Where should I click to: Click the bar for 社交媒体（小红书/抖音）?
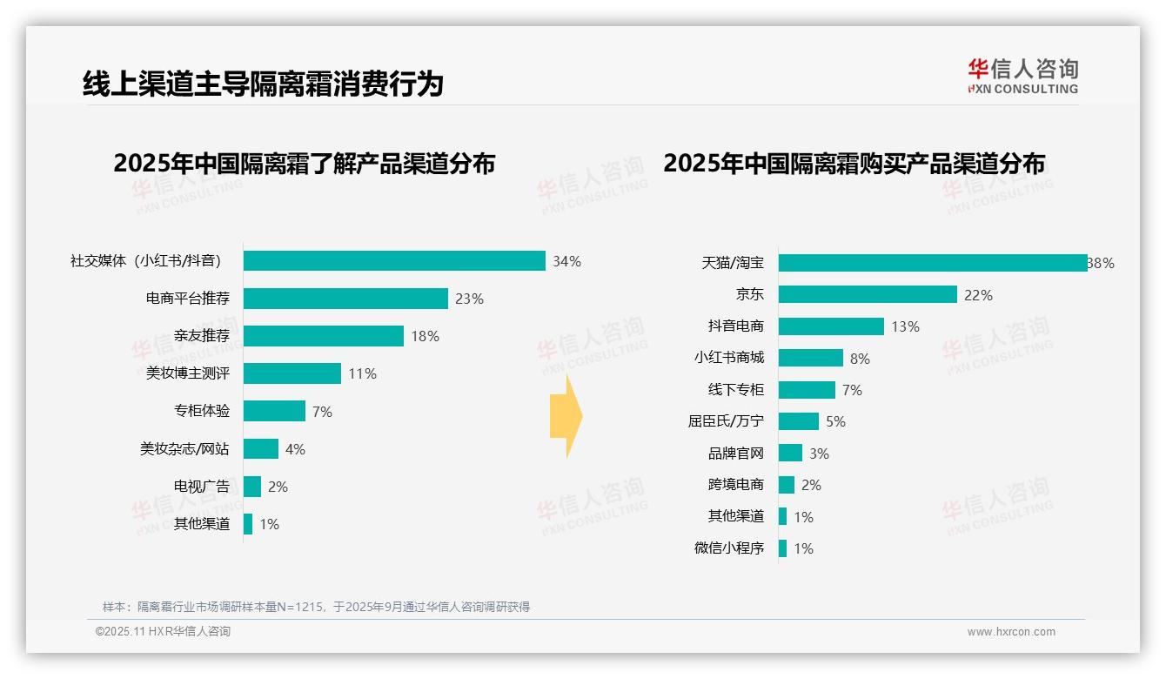(x=394, y=261)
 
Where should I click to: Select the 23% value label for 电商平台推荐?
(x=469, y=299)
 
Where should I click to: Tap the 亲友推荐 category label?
(x=201, y=336)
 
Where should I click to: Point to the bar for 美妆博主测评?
(x=292, y=373)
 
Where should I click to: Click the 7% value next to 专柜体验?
(x=322, y=412)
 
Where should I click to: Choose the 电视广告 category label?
(x=201, y=487)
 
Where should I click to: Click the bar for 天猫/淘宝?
(x=932, y=263)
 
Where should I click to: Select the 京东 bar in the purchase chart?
(x=868, y=295)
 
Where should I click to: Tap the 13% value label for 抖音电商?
(x=905, y=326)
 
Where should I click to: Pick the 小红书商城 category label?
(x=728, y=358)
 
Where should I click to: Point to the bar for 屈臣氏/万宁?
(x=799, y=421)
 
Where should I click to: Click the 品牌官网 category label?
(x=735, y=454)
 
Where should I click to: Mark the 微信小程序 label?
(x=728, y=548)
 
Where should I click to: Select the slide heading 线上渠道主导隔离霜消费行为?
(x=263, y=84)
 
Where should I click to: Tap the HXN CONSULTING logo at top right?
(x=1022, y=77)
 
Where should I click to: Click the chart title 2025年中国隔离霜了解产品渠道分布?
(x=304, y=163)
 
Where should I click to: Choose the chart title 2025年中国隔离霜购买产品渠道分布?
(x=854, y=163)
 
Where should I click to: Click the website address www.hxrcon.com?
(x=1010, y=632)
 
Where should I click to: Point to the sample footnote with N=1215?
(x=316, y=607)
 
